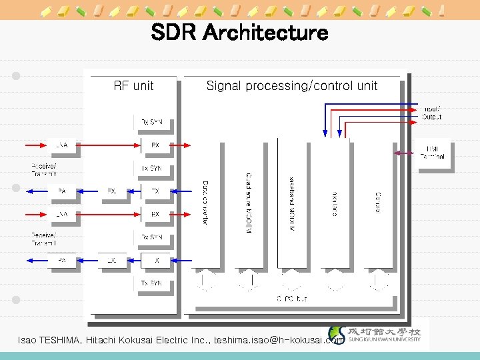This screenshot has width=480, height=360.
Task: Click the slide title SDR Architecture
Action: (239, 32)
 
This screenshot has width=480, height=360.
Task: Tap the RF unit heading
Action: (133, 85)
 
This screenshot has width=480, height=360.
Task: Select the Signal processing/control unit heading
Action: (291, 85)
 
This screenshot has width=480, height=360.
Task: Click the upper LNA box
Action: (62, 145)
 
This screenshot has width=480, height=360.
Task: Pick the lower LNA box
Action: (62, 214)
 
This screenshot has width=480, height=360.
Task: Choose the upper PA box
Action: (62, 191)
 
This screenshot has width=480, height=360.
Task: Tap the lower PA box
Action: (62, 260)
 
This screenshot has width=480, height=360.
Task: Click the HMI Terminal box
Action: (433, 153)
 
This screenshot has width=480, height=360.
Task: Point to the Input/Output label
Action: (431, 113)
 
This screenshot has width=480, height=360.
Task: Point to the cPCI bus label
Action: (291, 299)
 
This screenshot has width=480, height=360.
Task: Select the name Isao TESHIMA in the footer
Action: (48, 340)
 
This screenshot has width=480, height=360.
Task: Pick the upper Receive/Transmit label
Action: (44, 169)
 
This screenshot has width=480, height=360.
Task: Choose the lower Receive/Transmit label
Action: (44, 238)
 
